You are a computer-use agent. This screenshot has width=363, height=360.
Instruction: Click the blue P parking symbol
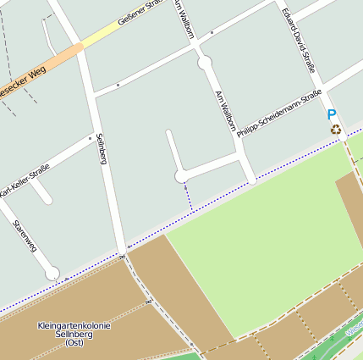[332, 114]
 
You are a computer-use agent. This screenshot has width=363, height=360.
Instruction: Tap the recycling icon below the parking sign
[336, 129]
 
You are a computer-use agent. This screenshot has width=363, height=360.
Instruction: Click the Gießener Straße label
[139, 13]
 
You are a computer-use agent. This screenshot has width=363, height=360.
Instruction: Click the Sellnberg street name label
[102, 148]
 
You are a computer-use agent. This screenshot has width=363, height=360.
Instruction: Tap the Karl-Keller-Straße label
[24, 180]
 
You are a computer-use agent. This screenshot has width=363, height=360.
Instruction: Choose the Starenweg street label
[25, 236]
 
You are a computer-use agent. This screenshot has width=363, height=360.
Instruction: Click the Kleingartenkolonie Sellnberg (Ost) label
[74, 334]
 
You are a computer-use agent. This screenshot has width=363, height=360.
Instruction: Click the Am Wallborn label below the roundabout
[225, 110]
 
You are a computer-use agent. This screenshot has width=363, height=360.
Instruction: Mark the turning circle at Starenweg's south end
[52, 273]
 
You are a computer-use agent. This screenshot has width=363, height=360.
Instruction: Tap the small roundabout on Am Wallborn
[204, 62]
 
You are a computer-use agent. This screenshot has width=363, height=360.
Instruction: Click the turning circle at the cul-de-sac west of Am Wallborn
[180, 176]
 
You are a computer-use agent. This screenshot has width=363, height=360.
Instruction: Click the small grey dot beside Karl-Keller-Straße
[90, 136]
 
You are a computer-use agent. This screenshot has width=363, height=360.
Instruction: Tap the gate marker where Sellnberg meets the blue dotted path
[123, 256]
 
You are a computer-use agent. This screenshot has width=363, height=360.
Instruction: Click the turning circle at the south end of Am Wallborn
[251, 180]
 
